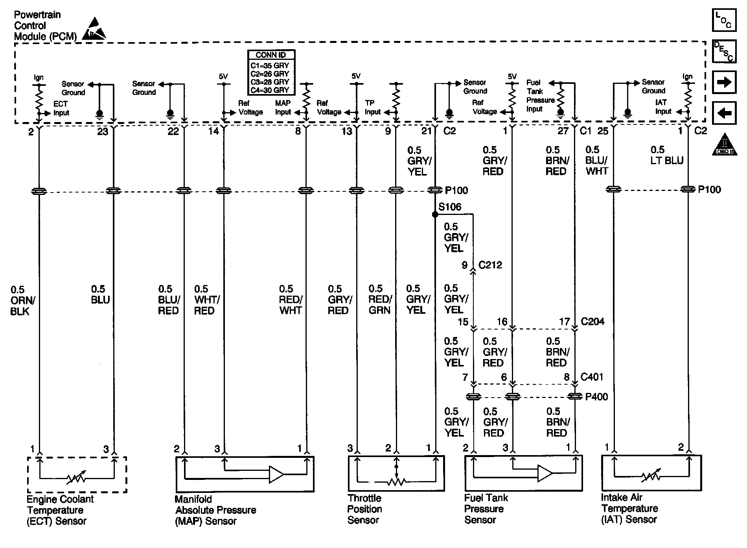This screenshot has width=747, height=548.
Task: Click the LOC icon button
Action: point(724,20)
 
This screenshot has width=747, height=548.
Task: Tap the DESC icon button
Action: point(724,51)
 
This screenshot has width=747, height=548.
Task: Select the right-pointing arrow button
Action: point(724,82)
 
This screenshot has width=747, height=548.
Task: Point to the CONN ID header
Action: point(271,55)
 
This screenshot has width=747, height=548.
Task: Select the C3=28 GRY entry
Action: point(270,82)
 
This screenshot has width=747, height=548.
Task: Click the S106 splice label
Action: point(450,207)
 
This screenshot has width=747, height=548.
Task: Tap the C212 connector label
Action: point(490,265)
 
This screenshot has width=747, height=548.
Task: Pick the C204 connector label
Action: point(592,322)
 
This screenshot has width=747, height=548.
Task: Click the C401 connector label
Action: point(592,377)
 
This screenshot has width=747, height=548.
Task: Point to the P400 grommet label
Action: point(596,397)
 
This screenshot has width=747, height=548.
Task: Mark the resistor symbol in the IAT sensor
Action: point(651,477)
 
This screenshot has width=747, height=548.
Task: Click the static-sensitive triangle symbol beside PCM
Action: point(93,29)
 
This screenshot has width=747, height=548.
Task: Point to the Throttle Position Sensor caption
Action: point(364,509)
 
